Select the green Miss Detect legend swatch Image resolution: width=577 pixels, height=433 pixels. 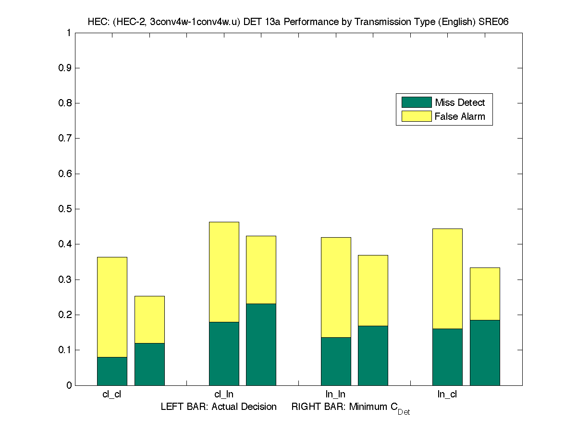[416, 102]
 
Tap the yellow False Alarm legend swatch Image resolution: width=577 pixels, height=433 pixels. [416, 116]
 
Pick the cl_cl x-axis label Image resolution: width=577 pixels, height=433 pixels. [112, 395]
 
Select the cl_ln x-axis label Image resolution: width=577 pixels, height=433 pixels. [224, 395]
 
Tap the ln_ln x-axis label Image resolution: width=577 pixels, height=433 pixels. [335, 395]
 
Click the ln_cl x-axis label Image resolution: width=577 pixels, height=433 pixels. [447, 395]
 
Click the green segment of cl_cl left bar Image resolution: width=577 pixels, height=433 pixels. [112, 371]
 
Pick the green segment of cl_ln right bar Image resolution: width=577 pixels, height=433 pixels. [261, 344]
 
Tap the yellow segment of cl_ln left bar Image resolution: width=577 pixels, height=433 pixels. [224, 272]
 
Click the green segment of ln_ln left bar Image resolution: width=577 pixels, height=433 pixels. [336, 361]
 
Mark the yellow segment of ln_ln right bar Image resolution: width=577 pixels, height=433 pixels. [373, 291]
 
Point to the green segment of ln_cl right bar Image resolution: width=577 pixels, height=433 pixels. [485, 353]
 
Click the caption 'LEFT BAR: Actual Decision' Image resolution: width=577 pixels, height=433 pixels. [219, 407]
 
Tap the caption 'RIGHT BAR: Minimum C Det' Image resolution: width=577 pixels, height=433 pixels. [350, 408]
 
